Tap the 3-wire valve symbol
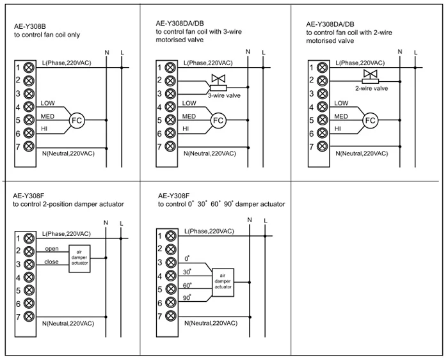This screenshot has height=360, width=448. click(219, 82)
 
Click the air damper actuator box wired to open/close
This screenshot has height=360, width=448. click(80, 258)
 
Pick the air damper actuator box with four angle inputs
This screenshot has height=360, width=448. click(223, 283)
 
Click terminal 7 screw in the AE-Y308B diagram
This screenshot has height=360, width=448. click(29, 146)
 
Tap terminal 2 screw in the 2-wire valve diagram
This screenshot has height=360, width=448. click(323, 81)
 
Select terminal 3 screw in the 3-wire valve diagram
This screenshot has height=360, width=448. click(170, 93)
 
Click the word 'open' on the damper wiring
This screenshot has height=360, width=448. click(52, 249)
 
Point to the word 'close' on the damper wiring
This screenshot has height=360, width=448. click(51, 262)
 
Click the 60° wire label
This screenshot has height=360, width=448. click(187, 285)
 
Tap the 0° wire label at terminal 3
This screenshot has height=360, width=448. click(187, 259)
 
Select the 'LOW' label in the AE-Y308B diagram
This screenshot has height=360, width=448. click(48, 103)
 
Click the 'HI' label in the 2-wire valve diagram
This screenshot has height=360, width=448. click(338, 129)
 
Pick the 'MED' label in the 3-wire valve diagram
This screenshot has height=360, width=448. click(189, 116)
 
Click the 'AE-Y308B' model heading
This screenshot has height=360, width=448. click(30, 27)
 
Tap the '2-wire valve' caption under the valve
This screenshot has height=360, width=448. click(371, 88)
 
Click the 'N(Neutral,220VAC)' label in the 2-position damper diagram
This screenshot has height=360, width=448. click(68, 324)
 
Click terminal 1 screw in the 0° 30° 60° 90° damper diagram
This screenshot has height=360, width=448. click(171, 236)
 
